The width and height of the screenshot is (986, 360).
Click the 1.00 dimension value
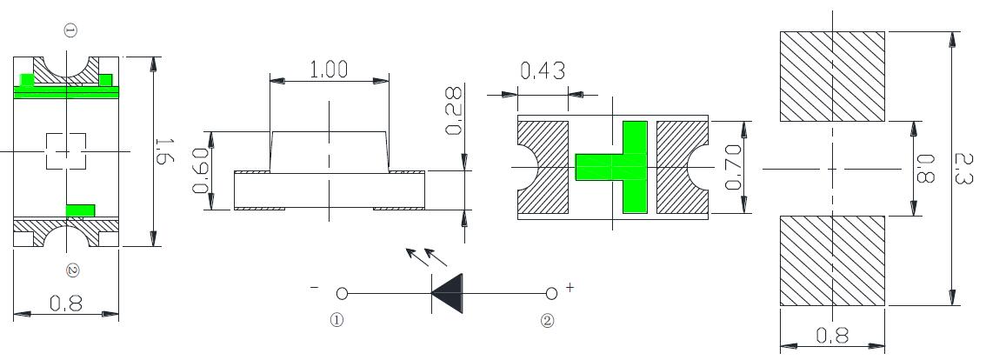click(x=329, y=70)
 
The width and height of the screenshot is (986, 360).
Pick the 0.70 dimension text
click(x=734, y=167)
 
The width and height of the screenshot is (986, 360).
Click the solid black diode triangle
click(x=447, y=292)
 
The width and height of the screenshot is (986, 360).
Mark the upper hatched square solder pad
click(x=832, y=77)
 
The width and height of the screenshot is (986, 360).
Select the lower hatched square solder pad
click(x=832, y=260)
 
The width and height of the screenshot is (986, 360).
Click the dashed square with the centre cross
click(x=65, y=150)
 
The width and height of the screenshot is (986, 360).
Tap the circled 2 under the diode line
click(x=547, y=320)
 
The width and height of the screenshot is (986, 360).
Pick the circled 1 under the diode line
click(x=336, y=320)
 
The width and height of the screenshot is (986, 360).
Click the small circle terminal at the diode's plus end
click(x=551, y=293)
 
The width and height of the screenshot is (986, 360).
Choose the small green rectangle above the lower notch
click(x=81, y=210)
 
